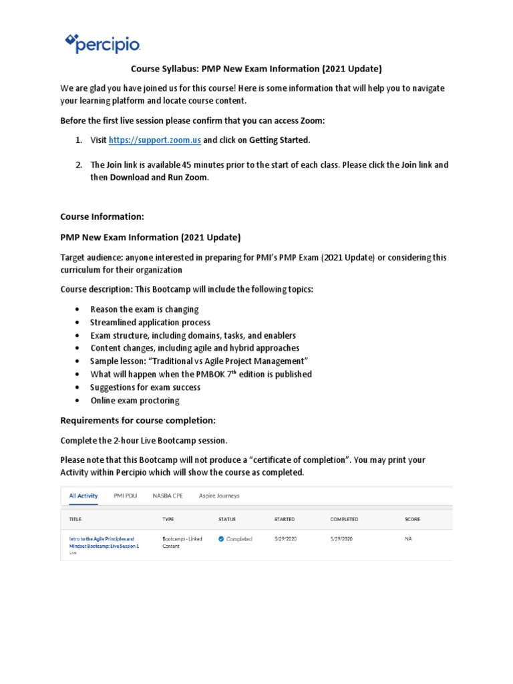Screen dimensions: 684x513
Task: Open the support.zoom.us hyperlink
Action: pyautogui.click(x=154, y=140)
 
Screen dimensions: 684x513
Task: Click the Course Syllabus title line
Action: pyautogui.click(x=256, y=69)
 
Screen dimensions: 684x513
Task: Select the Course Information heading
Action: pyautogui.click(x=102, y=217)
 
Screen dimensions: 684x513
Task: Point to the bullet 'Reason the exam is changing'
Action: pyautogui.click(x=144, y=309)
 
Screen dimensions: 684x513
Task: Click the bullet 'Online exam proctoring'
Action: pyautogui.click(x=135, y=401)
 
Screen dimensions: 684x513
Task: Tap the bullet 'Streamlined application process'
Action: pyautogui.click(x=150, y=323)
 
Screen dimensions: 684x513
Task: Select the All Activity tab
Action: pyautogui.click(x=83, y=496)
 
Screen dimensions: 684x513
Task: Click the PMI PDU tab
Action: pyautogui.click(x=126, y=496)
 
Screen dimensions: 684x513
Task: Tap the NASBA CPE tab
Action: pyautogui.click(x=167, y=496)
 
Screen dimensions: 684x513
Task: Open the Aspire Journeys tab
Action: pyautogui.click(x=219, y=496)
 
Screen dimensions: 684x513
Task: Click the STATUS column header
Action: pyautogui.click(x=226, y=519)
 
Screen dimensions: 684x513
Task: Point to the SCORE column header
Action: pyautogui.click(x=412, y=519)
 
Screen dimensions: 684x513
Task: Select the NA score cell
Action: pyautogui.click(x=408, y=538)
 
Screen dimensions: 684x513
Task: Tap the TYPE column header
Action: pyautogui.click(x=168, y=519)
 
